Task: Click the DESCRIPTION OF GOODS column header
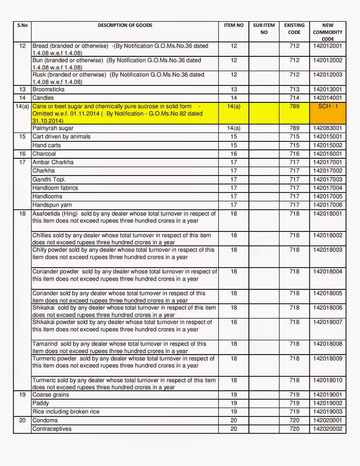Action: pyautogui.click(x=125, y=25)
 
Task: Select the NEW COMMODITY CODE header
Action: pyautogui.click(x=328, y=32)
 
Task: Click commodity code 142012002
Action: pyautogui.click(x=328, y=60)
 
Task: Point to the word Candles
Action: pyautogui.click(x=43, y=98)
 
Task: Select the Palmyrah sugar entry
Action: pyautogui.click(x=53, y=128)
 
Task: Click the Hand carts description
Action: pyautogui.click(x=47, y=145)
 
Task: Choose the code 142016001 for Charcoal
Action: pyautogui.click(x=328, y=154)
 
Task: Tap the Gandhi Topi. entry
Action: pyautogui.click(x=49, y=179)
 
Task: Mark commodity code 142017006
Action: pyautogui.click(x=328, y=205)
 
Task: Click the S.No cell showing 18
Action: pyautogui.click(x=22, y=214)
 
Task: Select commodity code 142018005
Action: pyautogui.click(x=328, y=293)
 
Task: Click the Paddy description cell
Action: pyautogui.click(x=41, y=403)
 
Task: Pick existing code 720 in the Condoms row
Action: pyautogui.click(x=294, y=420)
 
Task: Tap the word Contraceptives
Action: pyautogui.click(x=52, y=429)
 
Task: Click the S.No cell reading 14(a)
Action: pyautogui.click(x=22, y=107)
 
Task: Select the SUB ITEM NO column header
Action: pyautogui.click(x=264, y=29)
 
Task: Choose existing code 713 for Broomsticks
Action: pyautogui.click(x=294, y=89)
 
